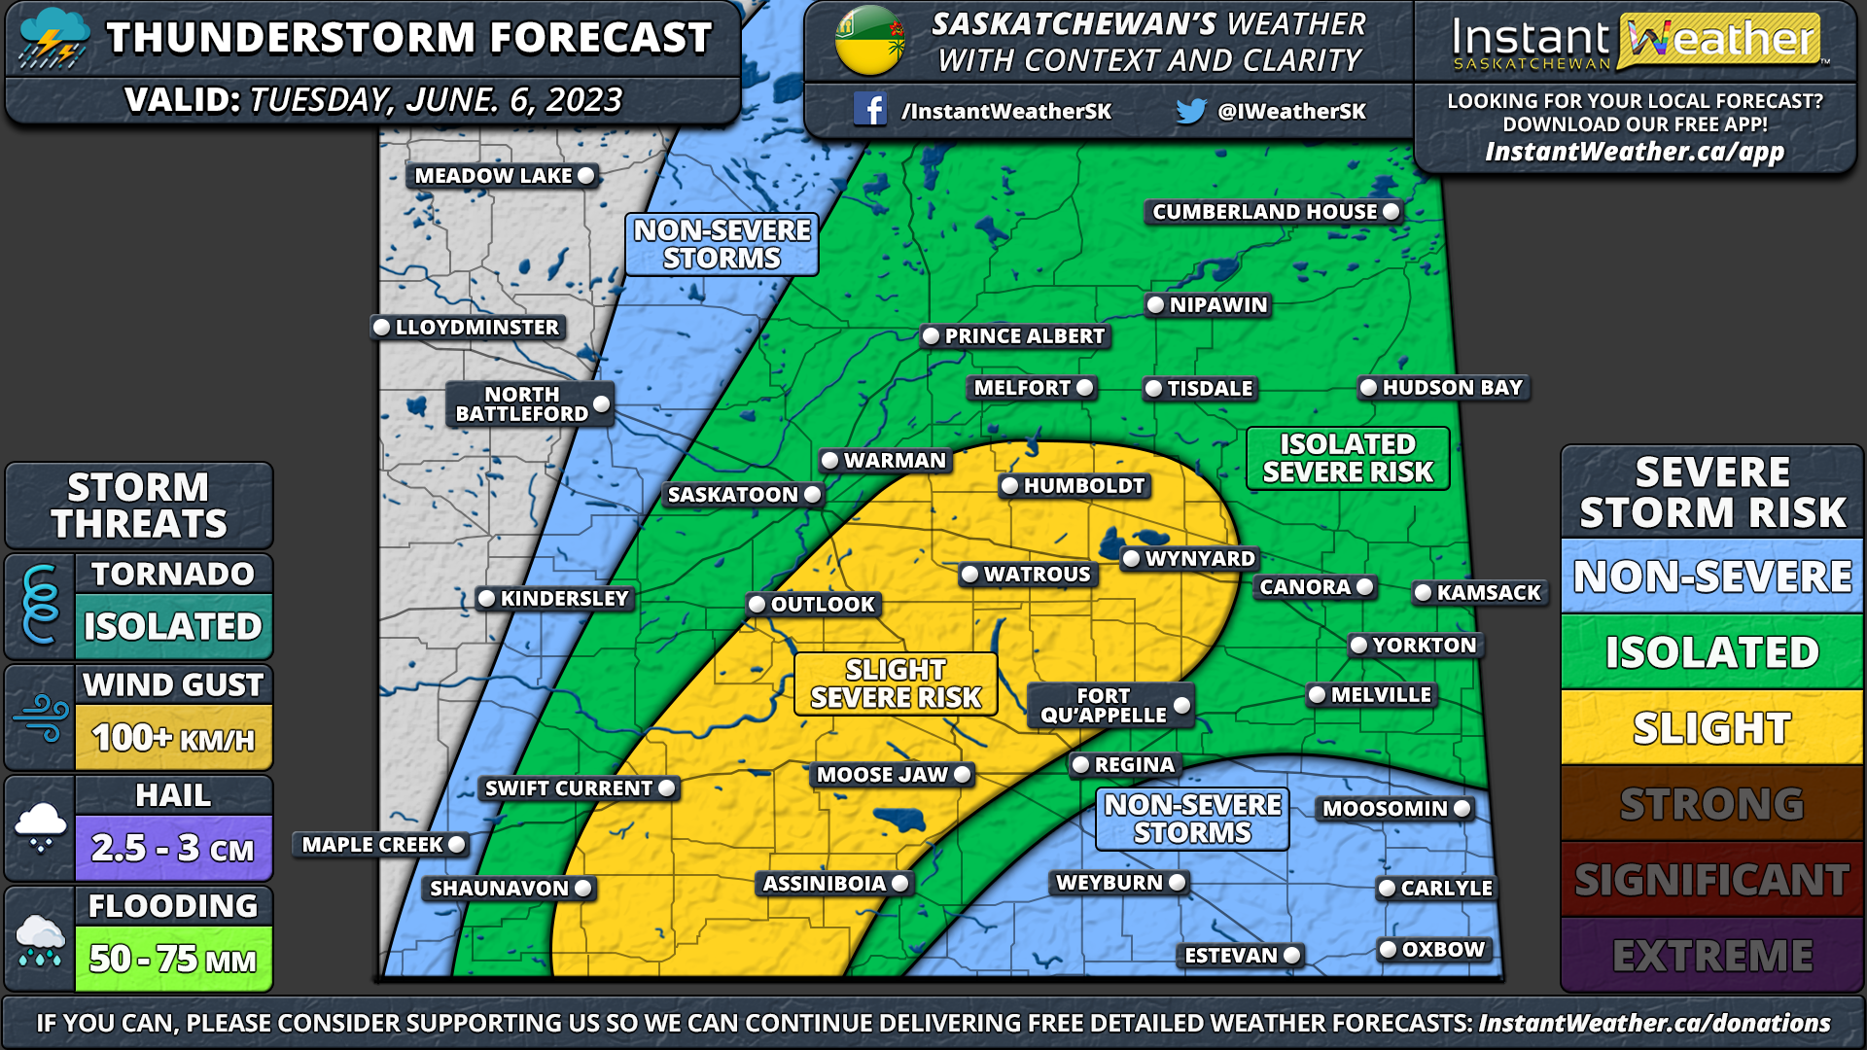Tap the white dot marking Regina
pos(1080,765)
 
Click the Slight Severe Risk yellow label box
pos(896,684)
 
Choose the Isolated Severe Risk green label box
pos(1347,458)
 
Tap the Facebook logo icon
pos(869,110)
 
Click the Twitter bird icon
pos(1190,111)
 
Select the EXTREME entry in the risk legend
pos(1711,956)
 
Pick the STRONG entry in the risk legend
pos(1711,804)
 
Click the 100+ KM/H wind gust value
pos(173,739)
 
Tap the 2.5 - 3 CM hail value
pos(173,849)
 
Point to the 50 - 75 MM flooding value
pos(173,960)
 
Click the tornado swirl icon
pos(40,606)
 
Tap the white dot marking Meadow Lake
pos(585,176)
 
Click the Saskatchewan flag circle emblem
pos(869,41)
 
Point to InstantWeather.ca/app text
pos(1635,153)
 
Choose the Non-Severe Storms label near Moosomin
pos(1192,819)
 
